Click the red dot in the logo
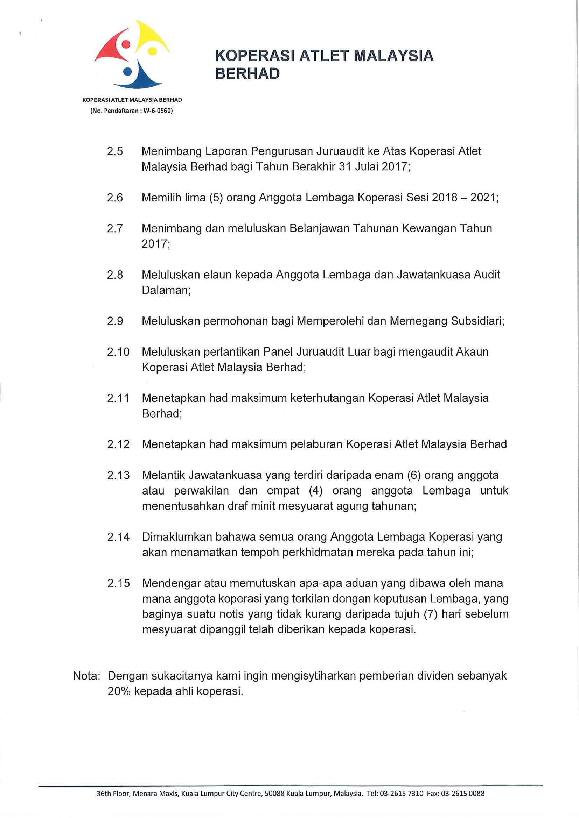(x=126, y=44)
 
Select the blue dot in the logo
(x=127, y=72)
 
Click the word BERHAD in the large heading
(x=247, y=74)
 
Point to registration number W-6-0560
(x=157, y=111)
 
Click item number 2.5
(x=115, y=151)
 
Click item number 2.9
(x=115, y=321)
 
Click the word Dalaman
(x=166, y=290)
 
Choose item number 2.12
(x=118, y=444)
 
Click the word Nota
(x=86, y=676)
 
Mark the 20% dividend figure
(x=119, y=691)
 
